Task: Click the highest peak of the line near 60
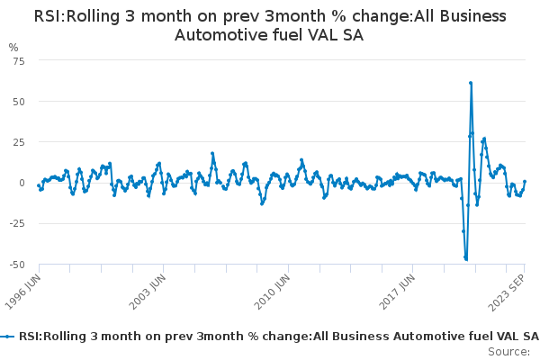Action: [471, 83]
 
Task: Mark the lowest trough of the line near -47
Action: [466, 259]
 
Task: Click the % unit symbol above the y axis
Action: [13, 47]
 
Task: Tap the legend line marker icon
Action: [8, 337]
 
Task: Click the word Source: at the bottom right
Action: [509, 351]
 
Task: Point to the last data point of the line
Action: [525, 182]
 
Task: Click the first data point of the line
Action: [39, 185]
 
